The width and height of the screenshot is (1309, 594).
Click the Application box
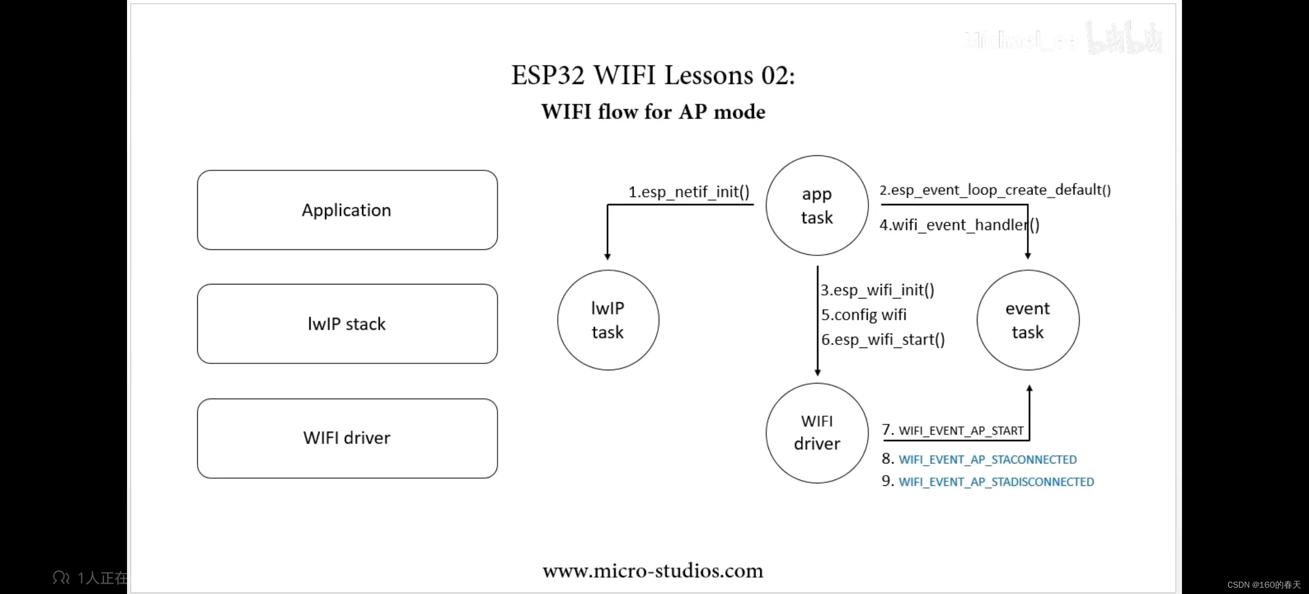coord(347,210)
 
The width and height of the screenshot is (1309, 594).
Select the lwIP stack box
coord(347,324)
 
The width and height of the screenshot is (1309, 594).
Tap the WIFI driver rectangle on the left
coord(347,438)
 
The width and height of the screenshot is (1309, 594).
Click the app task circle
coord(816,205)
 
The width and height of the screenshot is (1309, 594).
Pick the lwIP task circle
coord(608,320)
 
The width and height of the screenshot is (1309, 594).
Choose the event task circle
coord(1027,320)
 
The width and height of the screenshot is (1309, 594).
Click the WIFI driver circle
coord(816,433)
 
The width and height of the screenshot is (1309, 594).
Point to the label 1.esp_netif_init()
coord(689,192)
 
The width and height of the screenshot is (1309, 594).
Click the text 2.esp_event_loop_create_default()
coord(995,190)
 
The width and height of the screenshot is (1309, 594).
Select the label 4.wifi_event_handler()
coord(959,225)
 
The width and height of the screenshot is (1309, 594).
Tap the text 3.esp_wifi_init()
coord(878,290)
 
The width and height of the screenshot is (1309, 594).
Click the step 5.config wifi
coord(864,315)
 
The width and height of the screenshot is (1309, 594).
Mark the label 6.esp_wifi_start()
coord(883,340)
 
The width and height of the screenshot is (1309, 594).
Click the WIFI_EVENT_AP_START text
coord(960,431)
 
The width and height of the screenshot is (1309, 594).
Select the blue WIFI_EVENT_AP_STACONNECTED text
coord(988,460)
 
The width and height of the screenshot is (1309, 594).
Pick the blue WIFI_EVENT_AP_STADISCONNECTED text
coord(996,482)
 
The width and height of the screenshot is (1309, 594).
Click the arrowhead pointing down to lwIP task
coord(607,256)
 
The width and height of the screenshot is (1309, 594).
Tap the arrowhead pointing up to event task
coord(1030,389)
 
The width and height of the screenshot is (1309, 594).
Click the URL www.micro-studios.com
coord(653,571)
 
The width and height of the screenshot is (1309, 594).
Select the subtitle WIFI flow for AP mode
coord(653,112)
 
